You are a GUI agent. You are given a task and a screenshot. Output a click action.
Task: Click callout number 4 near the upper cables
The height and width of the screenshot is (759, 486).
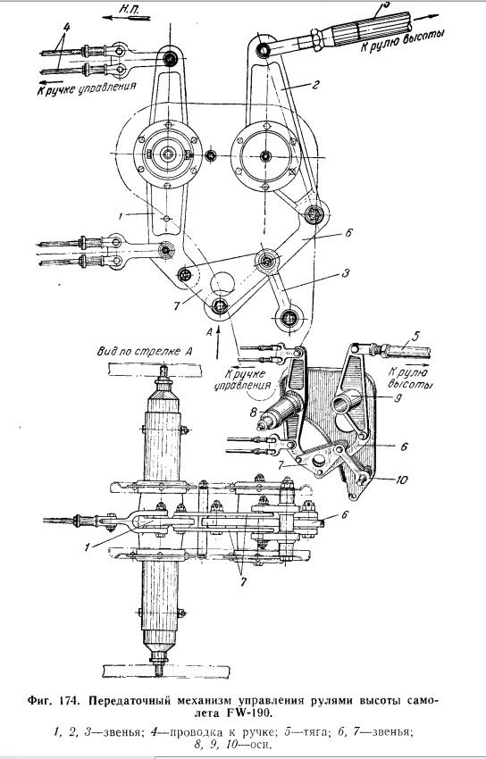65,27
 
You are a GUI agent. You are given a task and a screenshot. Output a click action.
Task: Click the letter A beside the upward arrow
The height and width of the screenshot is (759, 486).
209,332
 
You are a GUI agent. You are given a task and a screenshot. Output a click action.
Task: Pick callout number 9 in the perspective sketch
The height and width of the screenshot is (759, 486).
397,400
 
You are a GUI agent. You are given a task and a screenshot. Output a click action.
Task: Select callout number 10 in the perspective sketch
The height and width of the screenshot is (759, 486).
402,480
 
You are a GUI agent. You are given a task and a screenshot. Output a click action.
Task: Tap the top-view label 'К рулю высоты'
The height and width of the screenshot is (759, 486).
402,42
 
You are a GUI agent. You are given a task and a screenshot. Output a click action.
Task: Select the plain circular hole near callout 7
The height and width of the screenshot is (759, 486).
222,282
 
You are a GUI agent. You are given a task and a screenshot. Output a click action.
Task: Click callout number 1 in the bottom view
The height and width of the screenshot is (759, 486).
88,548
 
